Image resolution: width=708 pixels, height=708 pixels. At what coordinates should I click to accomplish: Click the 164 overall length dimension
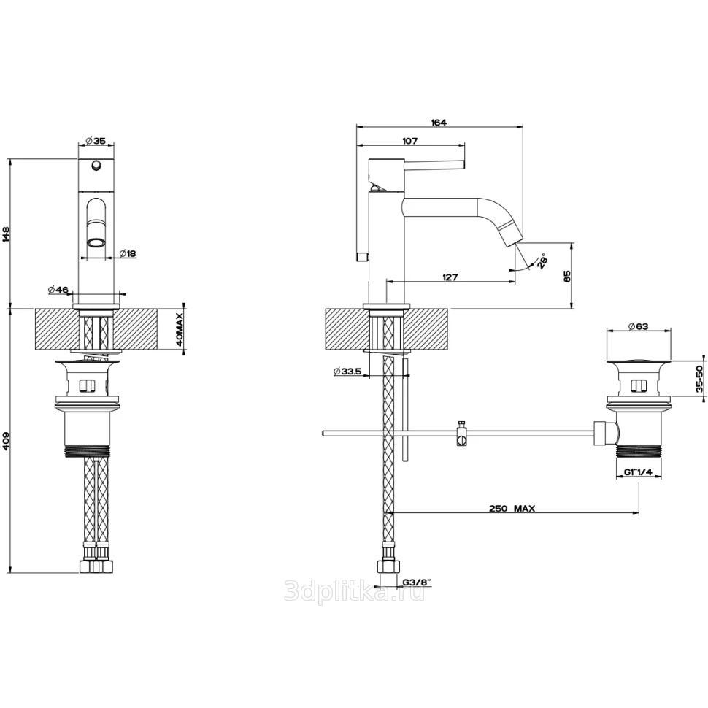[439, 123]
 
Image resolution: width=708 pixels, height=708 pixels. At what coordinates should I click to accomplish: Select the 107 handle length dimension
[409, 141]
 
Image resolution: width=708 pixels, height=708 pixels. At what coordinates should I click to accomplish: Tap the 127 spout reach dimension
[450, 277]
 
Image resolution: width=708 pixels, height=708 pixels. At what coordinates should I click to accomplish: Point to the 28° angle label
[542, 261]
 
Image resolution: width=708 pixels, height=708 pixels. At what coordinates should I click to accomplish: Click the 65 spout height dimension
[568, 277]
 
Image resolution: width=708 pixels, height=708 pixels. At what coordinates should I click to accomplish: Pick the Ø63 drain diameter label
[639, 326]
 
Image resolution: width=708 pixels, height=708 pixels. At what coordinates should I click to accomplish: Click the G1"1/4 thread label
[639, 472]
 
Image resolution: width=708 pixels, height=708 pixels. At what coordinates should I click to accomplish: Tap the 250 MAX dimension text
[512, 509]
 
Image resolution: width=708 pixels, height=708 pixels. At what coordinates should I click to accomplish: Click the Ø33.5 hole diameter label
[347, 372]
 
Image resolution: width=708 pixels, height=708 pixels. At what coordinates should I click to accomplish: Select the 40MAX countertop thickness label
[180, 329]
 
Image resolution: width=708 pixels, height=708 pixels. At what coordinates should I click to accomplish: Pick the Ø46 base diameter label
[58, 290]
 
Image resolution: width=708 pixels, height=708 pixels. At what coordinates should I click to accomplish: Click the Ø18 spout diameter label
[128, 254]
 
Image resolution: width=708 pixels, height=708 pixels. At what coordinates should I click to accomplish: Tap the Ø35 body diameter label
[95, 141]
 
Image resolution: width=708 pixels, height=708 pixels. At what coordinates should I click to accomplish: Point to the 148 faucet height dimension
[7, 234]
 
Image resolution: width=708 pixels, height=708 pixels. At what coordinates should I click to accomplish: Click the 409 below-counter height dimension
[7, 441]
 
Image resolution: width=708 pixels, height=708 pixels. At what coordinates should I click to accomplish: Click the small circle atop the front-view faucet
[96, 166]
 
